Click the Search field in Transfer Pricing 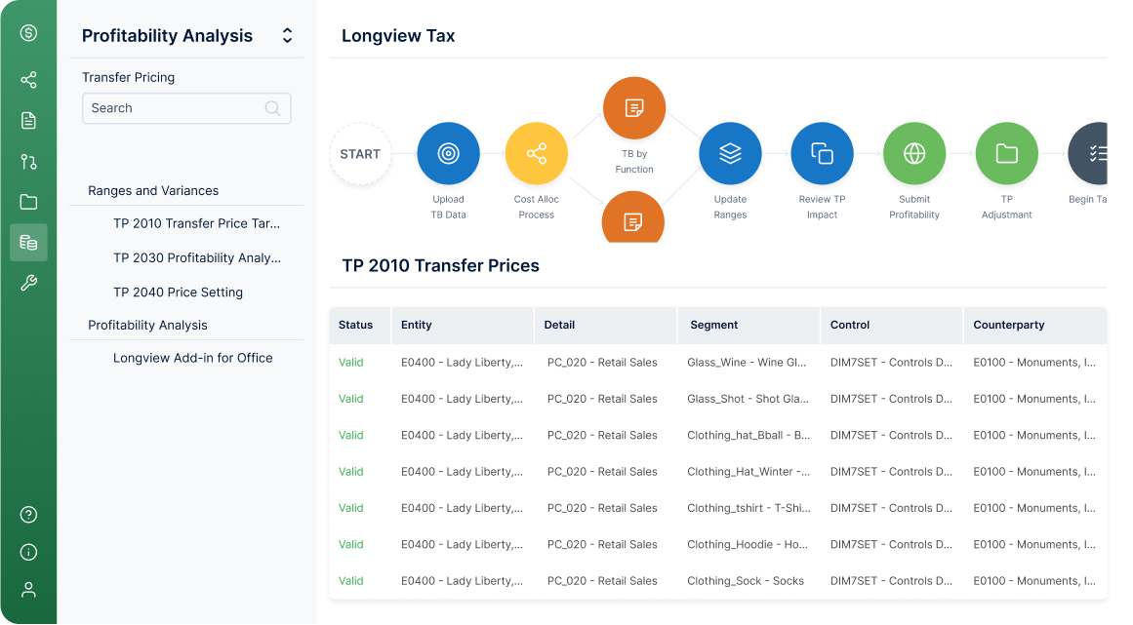coord(186,108)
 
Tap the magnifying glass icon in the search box coord(272,108)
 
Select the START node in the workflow coord(360,154)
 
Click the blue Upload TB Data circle coord(448,154)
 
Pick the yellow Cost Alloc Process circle coord(536,154)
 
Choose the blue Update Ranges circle coord(730,154)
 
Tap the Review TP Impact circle coord(823,154)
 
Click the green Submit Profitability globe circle coord(914,154)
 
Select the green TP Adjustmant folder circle coord(1006,154)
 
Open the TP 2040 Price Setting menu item coord(178,293)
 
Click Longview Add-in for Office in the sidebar coord(193,358)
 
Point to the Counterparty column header coord(1009,325)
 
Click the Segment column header coord(714,325)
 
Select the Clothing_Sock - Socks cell coord(745,581)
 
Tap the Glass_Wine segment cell coord(747,363)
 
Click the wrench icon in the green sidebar coord(29,283)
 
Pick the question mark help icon coord(29,515)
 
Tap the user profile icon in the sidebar coord(29,590)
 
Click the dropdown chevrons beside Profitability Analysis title coord(288,35)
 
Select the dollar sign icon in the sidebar coord(29,32)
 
